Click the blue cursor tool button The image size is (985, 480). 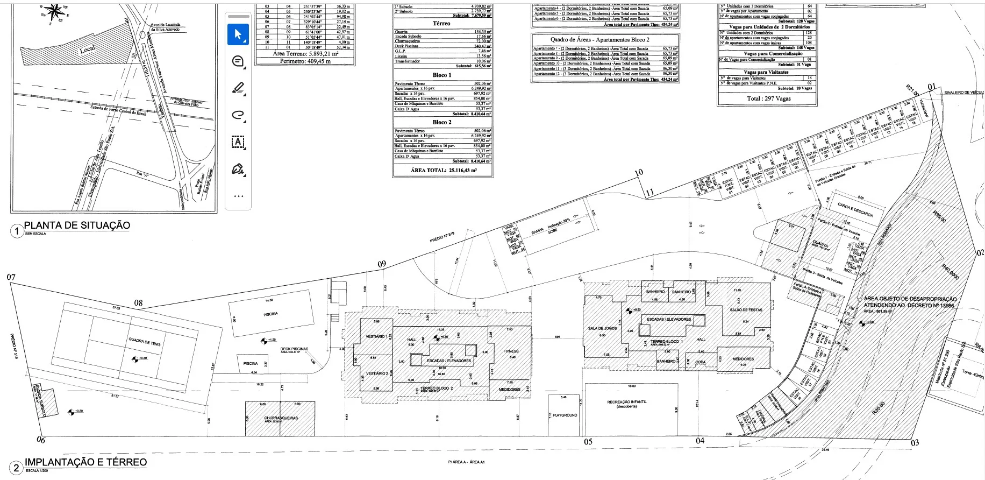pyautogui.click(x=238, y=34)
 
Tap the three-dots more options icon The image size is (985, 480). pyautogui.click(x=238, y=196)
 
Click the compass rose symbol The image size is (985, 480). pyautogui.click(x=54, y=12)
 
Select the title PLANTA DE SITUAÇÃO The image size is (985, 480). pyautogui.click(x=77, y=225)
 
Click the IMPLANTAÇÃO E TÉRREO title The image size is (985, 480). pyautogui.click(x=85, y=462)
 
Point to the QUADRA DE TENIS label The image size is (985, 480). pyautogui.click(x=144, y=342)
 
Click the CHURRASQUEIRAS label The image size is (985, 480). pyautogui.click(x=281, y=418)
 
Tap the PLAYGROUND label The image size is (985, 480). pyautogui.click(x=565, y=415)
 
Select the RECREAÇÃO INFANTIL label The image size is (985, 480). pyautogui.click(x=627, y=402)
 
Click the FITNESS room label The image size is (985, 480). pyautogui.click(x=511, y=351)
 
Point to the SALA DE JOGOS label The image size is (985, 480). pyautogui.click(x=602, y=328)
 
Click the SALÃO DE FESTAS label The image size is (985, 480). pyautogui.click(x=746, y=310)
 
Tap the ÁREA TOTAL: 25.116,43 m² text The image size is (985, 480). pyautogui.click(x=444, y=170)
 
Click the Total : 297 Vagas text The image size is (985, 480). pyautogui.click(x=768, y=98)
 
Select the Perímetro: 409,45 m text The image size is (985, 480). pyautogui.click(x=305, y=61)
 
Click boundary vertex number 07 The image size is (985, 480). pyautogui.click(x=11, y=278)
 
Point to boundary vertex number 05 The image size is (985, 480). pyautogui.click(x=588, y=442)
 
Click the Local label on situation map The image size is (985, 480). pyautogui.click(x=87, y=49)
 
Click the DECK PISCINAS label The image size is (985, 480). pyautogui.click(x=294, y=349)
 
